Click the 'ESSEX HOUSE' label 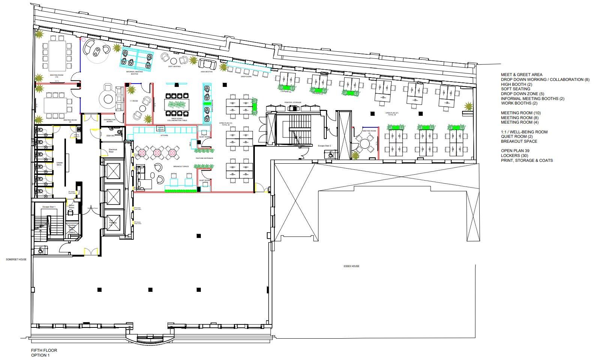point(351,266)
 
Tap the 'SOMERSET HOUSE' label point(16,259)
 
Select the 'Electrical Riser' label point(113,151)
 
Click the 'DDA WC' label point(110,136)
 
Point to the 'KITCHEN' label point(165,136)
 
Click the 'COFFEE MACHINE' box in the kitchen point(160,128)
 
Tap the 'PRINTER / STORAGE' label point(293,102)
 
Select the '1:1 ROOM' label point(134,101)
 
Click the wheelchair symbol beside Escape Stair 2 point(331,154)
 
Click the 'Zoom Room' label point(71,206)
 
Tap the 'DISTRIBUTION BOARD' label point(110,121)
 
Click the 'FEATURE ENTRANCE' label point(204,158)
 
